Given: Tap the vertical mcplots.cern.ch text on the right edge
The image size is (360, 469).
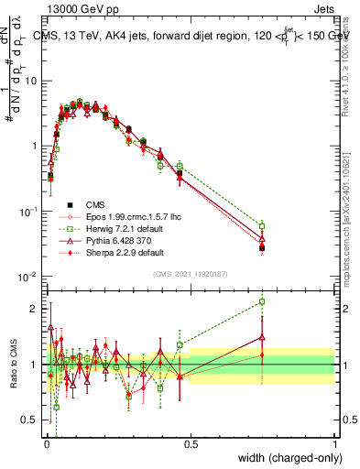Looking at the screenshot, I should pyautogui.click(x=352, y=220).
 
